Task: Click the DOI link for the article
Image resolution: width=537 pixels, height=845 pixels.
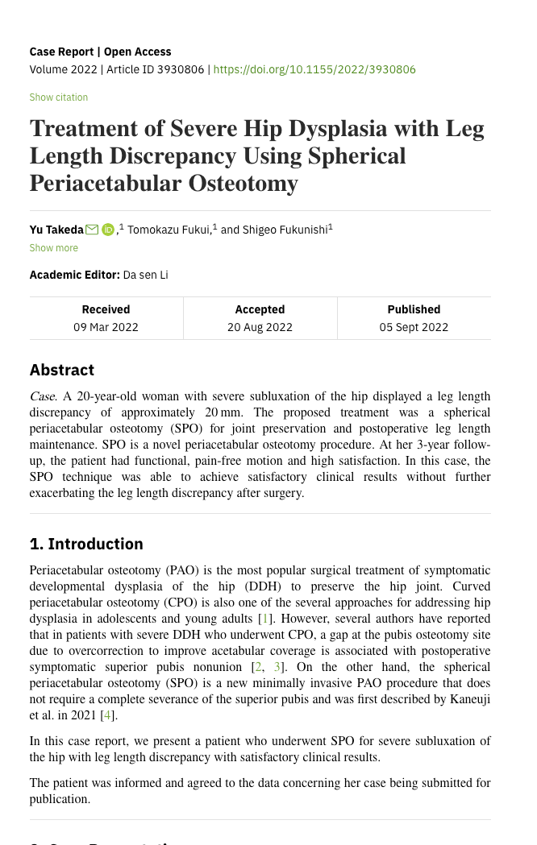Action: (314, 69)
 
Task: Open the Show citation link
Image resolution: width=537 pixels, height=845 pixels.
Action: (59, 97)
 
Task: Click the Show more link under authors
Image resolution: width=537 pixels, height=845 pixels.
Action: (54, 248)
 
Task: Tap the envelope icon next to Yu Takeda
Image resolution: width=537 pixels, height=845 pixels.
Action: (92, 230)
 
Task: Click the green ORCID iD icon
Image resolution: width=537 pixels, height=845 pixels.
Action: (108, 230)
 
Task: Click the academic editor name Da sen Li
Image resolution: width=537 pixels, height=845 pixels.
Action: (145, 275)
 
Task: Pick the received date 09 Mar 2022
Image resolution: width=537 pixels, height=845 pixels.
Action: (106, 327)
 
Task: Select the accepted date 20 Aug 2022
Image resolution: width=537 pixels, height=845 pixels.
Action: (260, 327)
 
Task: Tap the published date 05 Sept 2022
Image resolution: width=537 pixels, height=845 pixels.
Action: (414, 327)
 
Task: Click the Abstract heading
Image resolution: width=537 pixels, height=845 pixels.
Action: (62, 371)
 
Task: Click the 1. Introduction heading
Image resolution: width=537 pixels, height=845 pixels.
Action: (86, 545)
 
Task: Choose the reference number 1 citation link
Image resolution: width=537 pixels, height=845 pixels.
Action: (264, 619)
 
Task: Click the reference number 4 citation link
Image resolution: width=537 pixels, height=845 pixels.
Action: (106, 715)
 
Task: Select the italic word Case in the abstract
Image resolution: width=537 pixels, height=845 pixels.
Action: (42, 396)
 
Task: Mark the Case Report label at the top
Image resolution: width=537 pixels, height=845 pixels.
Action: (64, 52)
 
